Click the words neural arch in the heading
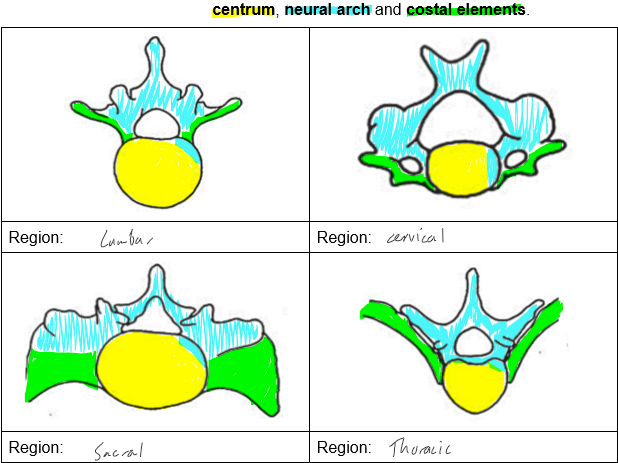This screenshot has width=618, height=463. click(x=327, y=10)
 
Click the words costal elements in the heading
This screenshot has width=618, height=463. click(x=465, y=10)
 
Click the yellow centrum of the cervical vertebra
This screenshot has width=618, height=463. click(x=458, y=168)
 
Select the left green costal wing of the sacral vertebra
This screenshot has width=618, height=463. click(x=60, y=374)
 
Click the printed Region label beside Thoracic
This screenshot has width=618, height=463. click(x=344, y=447)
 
